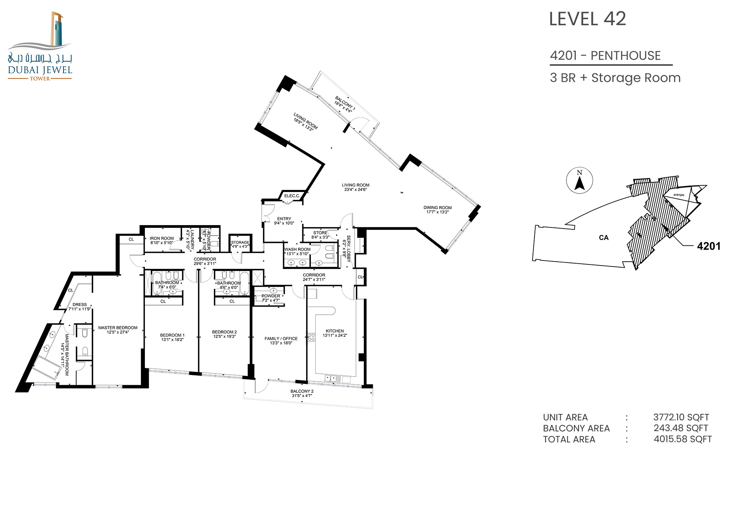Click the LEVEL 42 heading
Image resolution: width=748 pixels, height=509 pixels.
pyautogui.click(x=587, y=19)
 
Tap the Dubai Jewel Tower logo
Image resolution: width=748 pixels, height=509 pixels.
pyautogui.click(x=40, y=46)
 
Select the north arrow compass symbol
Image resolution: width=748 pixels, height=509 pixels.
pyautogui.click(x=580, y=181)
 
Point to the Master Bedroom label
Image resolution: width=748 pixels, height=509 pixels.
pyautogui.click(x=118, y=330)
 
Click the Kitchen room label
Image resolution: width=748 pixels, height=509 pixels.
pyautogui.click(x=335, y=333)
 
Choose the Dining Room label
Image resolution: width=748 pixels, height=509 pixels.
pyautogui.click(x=438, y=210)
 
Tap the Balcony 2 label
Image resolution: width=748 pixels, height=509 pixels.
pyautogui.click(x=302, y=393)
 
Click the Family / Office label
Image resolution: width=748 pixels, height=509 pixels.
pyautogui.click(x=281, y=341)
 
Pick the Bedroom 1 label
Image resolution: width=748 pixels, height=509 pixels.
pyautogui.click(x=172, y=337)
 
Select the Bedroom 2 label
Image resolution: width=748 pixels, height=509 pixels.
pyautogui.click(x=224, y=334)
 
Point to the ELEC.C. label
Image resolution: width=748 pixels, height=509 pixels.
pyautogui.click(x=292, y=196)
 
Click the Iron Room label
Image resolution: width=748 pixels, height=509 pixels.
pyautogui.click(x=162, y=241)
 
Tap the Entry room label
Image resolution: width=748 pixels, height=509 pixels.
pyautogui.click(x=284, y=221)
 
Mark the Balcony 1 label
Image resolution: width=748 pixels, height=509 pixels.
pyautogui.click(x=344, y=105)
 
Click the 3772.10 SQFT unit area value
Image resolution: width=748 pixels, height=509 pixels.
pyautogui.click(x=681, y=417)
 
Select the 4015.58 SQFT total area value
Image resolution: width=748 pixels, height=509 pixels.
pyautogui.click(x=683, y=439)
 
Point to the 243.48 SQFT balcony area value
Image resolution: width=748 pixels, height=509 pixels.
pyautogui.click(x=681, y=428)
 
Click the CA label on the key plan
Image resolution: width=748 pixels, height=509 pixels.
pyautogui.click(x=603, y=238)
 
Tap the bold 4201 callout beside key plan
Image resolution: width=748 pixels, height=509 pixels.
pyautogui.click(x=709, y=246)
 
